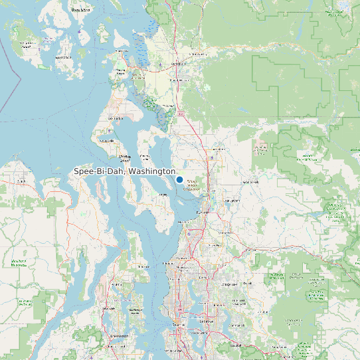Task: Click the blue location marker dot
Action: (x=179, y=179)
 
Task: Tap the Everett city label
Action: (x=202, y=212)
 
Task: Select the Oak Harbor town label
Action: (x=118, y=119)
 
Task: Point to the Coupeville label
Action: (x=124, y=157)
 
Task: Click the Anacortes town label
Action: (x=121, y=71)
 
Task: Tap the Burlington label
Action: (x=177, y=64)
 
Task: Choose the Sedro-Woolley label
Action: (x=198, y=54)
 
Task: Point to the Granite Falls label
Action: (x=250, y=181)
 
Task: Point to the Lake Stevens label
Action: (x=232, y=200)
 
